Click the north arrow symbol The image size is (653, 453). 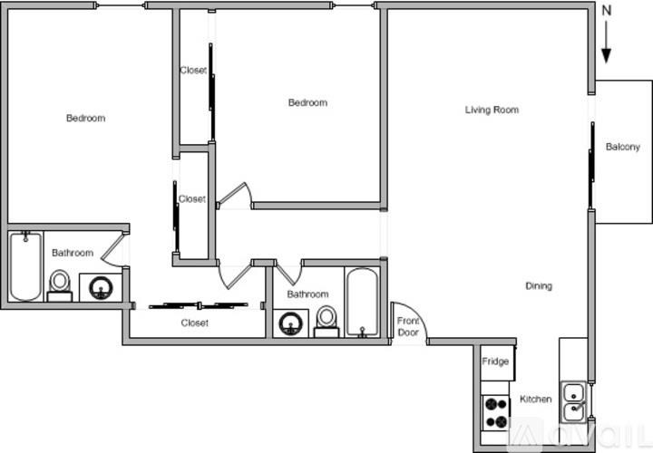(x=607, y=43)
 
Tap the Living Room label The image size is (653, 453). (x=492, y=111)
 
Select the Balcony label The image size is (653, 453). (x=622, y=147)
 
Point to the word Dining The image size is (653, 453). (x=539, y=286)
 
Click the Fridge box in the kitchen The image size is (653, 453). (x=496, y=362)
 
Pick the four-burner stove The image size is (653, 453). (x=494, y=414)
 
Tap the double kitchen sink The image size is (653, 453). (x=573, y=402)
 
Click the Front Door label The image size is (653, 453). (x=407, y=326)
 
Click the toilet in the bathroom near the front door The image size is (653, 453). (x=326, y=320)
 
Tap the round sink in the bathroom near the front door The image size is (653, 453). (x=291, y=323)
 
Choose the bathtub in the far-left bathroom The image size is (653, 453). (x=24, y=266)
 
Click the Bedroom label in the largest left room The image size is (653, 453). (x=85, y=118)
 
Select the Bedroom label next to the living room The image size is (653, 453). (x=307, y=102)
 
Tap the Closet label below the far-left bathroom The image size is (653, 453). (x=194, y=323)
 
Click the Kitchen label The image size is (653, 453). (x=535, y=400)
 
